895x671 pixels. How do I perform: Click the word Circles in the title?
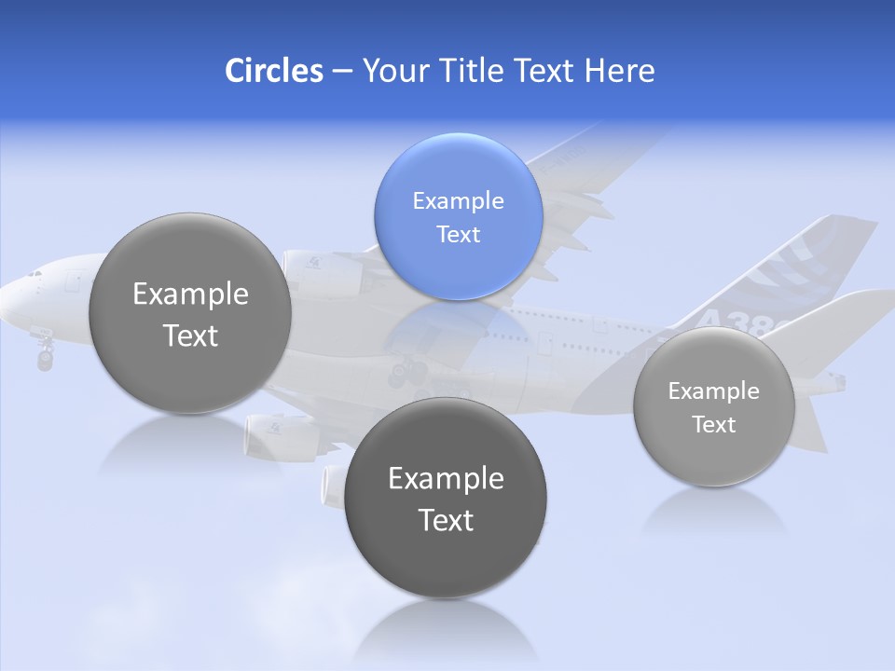coord(274,71)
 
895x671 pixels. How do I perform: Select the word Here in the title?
coord(620,71)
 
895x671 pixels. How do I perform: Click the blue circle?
coord(458,216)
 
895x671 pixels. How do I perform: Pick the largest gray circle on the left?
coord(190,313)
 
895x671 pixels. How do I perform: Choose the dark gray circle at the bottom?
coord(446,498)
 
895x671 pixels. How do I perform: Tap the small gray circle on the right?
coord(713,406)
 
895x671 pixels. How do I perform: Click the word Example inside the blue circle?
coord(458,200)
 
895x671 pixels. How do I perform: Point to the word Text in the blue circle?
coord(458,234)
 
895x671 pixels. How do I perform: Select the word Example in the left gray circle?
coord(190,294)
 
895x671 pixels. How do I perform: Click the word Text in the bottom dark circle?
coord(446,520)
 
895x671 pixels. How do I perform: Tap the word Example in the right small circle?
coord(713,391)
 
